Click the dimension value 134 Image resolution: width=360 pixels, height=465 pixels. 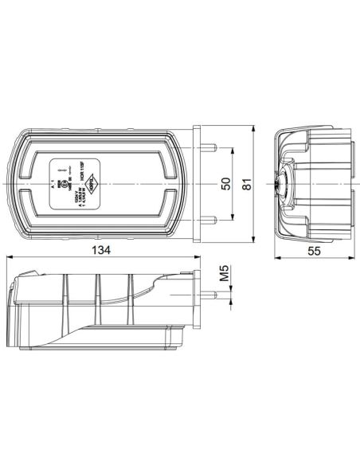tap(99, 249)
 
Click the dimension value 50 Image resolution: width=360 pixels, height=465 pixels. tap(225, 184)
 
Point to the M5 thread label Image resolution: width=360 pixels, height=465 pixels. tap(225, 277)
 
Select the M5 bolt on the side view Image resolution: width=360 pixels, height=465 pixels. tap(209, 295)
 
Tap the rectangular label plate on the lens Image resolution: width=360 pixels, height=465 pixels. tap(74, 184)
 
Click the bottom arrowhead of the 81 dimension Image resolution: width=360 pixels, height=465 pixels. tap(253, 239)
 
